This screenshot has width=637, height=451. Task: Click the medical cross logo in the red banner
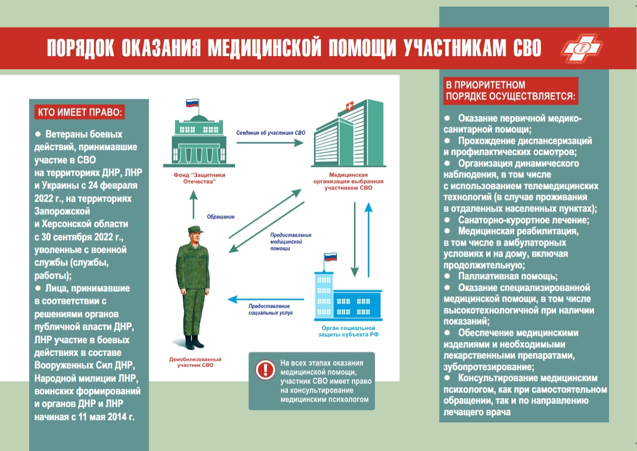click(x=581, y=48)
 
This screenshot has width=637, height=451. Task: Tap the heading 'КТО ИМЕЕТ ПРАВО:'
click(x=80, y=112)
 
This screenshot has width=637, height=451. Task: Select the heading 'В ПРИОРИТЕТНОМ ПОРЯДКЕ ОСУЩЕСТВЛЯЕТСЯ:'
click(x=510, y=91)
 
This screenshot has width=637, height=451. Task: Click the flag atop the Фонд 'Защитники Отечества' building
click(x=192, y=103)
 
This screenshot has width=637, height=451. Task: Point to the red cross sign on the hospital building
click(x=349, y=107)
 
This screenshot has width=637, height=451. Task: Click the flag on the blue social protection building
click(x=330, y=257)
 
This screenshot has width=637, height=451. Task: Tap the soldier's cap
click(x=195, y=230)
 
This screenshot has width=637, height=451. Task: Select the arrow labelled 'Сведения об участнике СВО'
click(x=270, y=143)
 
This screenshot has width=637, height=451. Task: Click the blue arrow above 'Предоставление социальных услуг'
click(x=266, y=300)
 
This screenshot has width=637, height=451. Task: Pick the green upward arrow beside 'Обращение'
click(x=193, y=205)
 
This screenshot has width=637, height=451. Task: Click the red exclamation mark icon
click(x=266, y=370)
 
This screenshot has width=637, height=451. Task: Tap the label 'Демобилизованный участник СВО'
click(x=195, y=362)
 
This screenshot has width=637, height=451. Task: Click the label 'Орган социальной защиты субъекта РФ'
click(x=348, y=331)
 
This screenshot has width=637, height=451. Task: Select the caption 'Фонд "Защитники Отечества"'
click(x=199, y=178)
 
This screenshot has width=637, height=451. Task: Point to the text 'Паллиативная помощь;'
click(x=508, y=276)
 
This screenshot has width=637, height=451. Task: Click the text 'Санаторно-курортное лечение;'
click(x=524, y=220)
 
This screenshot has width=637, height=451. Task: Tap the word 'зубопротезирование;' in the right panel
click(x=489, y=367)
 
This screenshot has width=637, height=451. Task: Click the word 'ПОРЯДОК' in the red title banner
click(x=80, y=48)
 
